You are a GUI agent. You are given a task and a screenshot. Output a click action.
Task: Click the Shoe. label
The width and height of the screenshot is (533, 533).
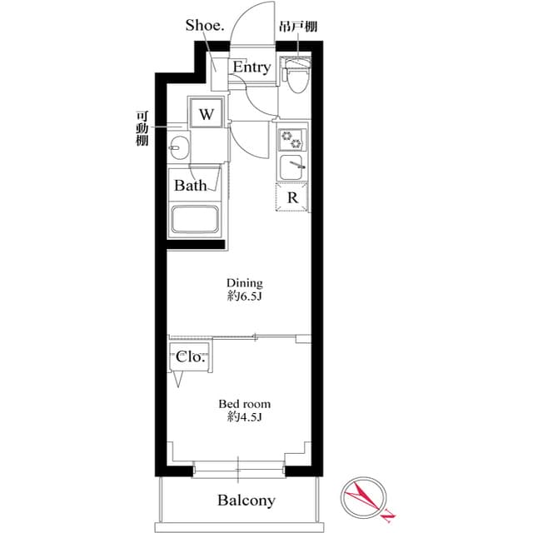(204, 25)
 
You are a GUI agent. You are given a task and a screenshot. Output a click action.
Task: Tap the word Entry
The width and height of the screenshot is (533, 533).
(251, 67)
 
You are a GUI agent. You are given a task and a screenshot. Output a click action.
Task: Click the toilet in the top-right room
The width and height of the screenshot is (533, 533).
(295, 77)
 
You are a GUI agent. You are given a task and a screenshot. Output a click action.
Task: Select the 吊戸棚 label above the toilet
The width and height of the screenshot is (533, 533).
(297, 27)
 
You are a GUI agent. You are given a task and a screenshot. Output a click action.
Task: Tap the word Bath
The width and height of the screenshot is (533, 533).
(190, 186)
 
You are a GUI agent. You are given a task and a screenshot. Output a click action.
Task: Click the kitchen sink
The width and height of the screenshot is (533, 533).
(292, 167)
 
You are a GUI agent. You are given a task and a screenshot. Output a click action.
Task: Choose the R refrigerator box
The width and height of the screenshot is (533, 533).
(292, 198)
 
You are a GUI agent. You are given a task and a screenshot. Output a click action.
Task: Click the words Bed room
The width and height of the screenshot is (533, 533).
(244, 404)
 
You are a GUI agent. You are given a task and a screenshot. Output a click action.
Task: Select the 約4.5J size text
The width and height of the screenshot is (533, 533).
(244, 417)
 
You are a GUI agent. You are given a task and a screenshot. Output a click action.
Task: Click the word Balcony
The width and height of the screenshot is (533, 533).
(246, 501)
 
